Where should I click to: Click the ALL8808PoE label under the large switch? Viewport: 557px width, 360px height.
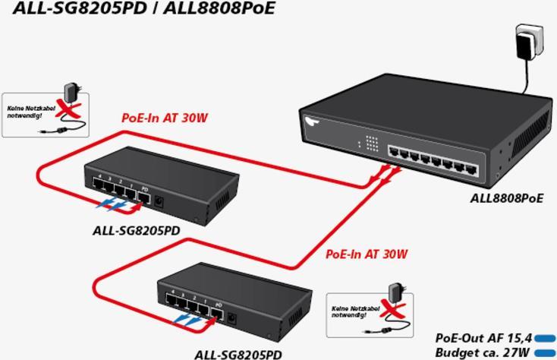coord(507,198)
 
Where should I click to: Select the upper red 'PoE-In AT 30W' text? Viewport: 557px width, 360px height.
coord(165,118)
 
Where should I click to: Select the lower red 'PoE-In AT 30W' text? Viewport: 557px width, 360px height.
coord(367,254)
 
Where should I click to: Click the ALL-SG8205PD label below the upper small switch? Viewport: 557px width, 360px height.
coord(136,230)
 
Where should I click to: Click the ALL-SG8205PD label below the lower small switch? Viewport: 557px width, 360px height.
coord(238,354)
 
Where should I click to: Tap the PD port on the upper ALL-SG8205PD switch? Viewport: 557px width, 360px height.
coord(143,196)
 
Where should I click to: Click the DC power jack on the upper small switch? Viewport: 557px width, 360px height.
coord(160,201)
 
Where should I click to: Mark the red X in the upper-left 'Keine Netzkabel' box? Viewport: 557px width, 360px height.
coord(69,110)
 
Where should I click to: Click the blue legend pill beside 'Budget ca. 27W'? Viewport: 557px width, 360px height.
coord(546,352)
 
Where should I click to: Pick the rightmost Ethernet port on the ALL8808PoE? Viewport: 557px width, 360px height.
coord(471,169)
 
